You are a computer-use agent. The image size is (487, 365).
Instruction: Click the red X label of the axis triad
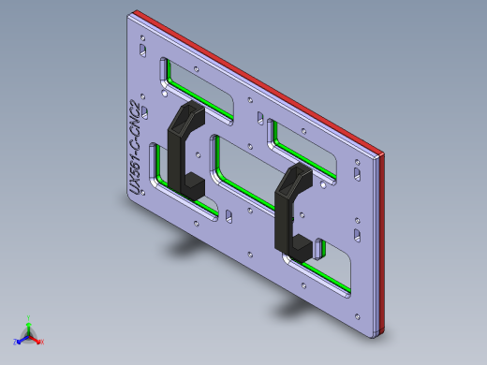click(x=42, y=342)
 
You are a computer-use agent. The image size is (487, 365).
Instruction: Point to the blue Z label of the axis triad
click(x=16, y=340)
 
